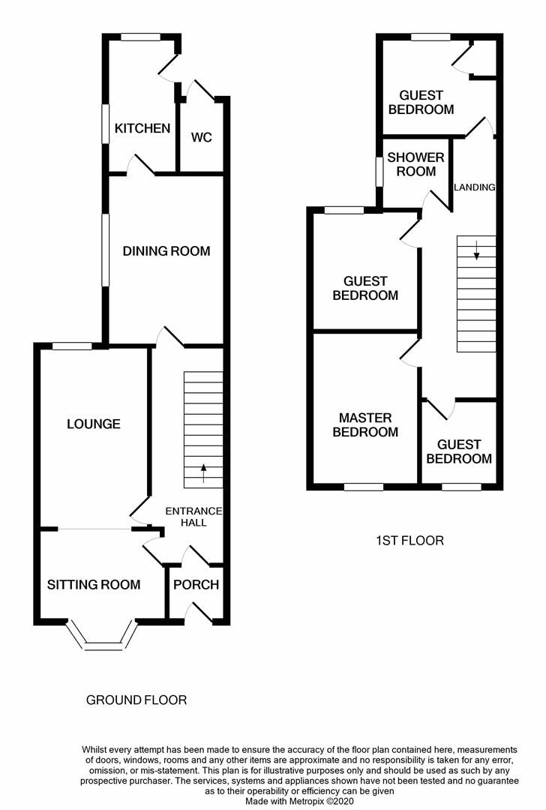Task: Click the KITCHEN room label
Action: click(x=142, y=128)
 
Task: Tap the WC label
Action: click(x=202, y=137)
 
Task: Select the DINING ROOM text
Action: click(x=166, y=251)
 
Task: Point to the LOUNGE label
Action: click(x=94, y=424)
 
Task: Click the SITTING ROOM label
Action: click(x=94, y=585)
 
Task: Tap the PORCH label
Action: click(x=196, y=585)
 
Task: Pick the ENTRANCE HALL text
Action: click(x=193, y=517)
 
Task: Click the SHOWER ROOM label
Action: click(x=415, y=164)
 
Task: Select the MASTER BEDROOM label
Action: click(x=365, y=424)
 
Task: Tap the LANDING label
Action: click(x=475, y=187)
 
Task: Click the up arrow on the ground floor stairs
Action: click(x=203, y=473)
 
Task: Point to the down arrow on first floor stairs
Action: click(x=476, y=250)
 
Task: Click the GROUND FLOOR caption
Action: click(x=136, y=700)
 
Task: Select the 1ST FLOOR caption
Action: click(x=409, y=541)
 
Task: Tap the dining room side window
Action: click(x=106, y=250)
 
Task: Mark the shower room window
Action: click(x=379, y=171)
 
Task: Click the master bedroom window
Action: click(x=364, y=487)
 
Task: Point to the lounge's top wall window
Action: click(x=72, y=346)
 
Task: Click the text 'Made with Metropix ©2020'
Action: click(x=299, y=801)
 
